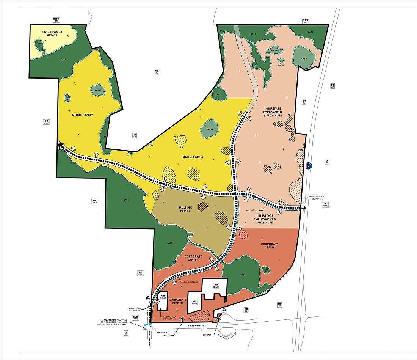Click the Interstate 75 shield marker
point(310,166)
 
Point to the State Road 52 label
point(199,325)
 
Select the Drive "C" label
point(207,335)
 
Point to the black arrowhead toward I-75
point(304,208)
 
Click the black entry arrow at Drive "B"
point(182,319)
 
